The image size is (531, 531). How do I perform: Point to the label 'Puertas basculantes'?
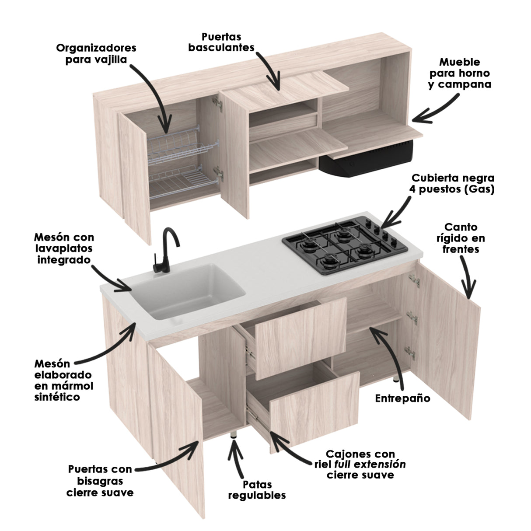pyautogui.click(x=221, y=42)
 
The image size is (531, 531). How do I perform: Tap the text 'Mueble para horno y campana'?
pyautogui.click(x=459, y=73)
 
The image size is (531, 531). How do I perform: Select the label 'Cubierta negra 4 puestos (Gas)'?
pyautogui.click(x=453, y=184)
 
